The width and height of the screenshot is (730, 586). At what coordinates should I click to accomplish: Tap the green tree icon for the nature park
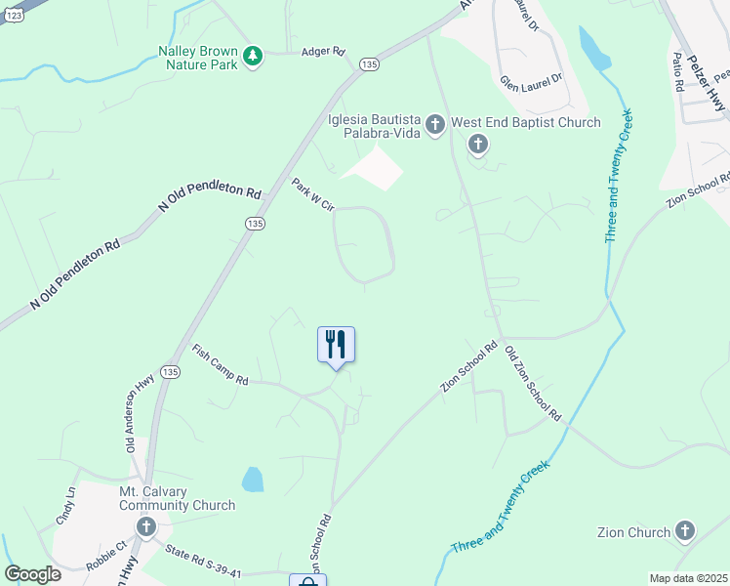[x=253, y=56]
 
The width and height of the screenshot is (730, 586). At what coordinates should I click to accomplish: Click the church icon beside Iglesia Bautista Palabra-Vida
[x=435, y=124]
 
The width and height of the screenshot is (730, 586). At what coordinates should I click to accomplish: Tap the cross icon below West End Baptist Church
[x=477, y=146]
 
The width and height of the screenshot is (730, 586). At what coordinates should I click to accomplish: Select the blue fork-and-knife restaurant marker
[x=336, y=346]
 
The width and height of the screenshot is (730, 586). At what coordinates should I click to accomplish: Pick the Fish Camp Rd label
[x=220, y=365]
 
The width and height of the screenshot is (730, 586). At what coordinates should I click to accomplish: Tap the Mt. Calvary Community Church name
[x=177, y=498]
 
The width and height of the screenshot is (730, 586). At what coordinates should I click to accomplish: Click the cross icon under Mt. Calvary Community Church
[x=146, y=527]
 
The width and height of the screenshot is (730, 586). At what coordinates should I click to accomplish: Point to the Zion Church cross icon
[x=684, y=531]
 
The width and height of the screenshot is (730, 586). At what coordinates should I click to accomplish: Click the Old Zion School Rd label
[x=534, y=385]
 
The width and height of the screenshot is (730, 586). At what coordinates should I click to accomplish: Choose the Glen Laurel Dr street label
[x=532, y=80]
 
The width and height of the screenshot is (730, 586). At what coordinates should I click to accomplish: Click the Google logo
[x=32, y=574]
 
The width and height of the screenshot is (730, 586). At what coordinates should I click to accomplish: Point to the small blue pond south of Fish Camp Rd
[x=252, y=479]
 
